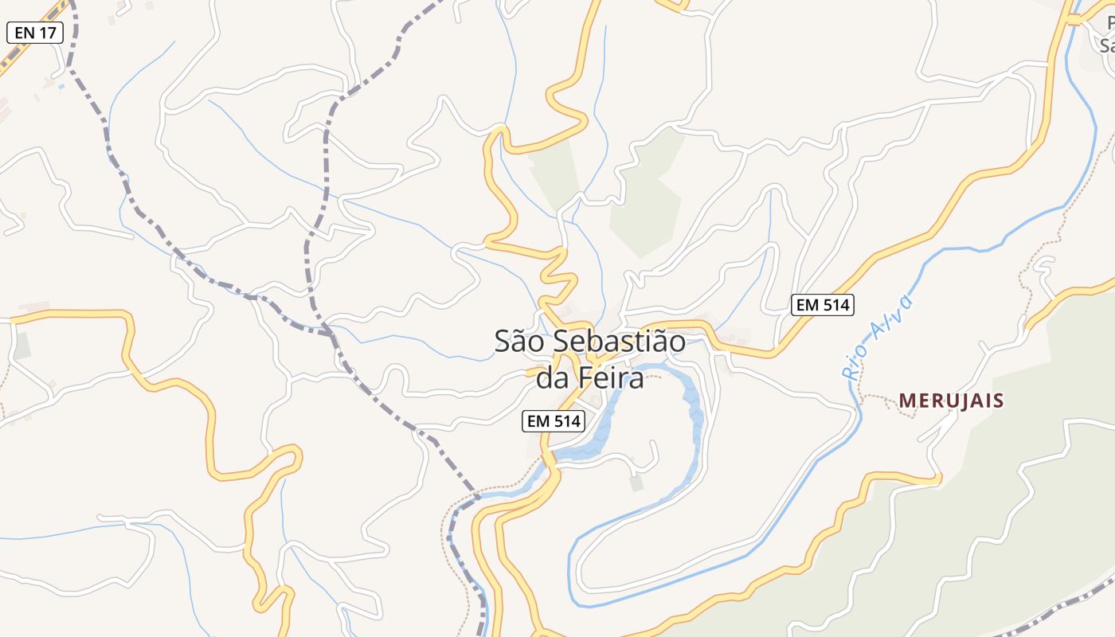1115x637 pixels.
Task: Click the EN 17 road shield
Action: click(34, 33)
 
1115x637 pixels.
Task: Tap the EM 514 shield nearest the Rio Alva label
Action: click(822, 304)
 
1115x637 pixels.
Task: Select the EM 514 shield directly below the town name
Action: click(554, 421)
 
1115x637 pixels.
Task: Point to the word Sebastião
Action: click(619, 342)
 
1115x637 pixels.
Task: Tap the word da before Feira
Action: click(551, 378)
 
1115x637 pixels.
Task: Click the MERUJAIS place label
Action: click(951, 401)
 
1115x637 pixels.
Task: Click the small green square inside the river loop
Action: click(636, 483)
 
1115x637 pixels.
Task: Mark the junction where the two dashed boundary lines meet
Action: click(331, 333)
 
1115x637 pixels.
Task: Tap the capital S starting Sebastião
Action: click(560, 342)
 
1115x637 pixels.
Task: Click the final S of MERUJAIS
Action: click(997, 401)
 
